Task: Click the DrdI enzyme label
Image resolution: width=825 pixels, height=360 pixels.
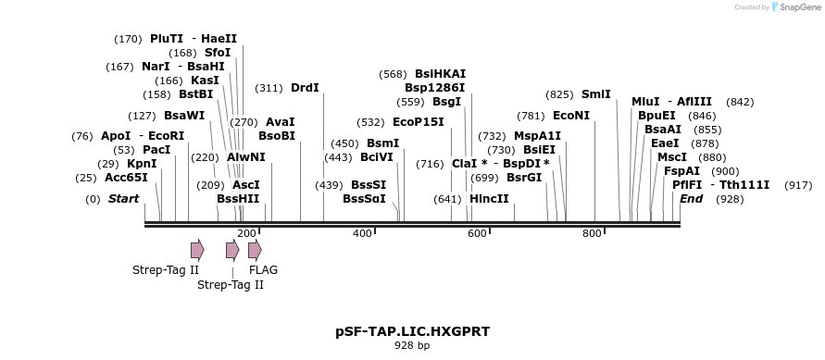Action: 305,88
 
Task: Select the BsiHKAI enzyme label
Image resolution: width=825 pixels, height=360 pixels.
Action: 440,74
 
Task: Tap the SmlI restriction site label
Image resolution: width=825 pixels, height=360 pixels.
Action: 595,94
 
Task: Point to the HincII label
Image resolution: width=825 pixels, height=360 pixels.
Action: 489,199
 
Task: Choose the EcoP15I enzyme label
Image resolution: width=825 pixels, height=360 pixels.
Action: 419,122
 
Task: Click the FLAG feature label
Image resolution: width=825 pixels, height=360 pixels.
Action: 263,270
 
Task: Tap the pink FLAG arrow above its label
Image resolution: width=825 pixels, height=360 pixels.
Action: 255,250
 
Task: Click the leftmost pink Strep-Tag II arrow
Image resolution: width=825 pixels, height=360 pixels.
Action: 197,250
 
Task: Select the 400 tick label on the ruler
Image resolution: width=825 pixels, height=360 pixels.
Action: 362,233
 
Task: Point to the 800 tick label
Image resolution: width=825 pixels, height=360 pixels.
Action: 592,233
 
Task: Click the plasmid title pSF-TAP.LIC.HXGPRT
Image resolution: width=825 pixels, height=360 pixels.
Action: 412,331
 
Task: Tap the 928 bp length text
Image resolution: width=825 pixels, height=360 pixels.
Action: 412,346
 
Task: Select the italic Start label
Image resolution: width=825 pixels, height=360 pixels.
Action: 123,199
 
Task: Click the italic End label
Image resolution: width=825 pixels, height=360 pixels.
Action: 691,199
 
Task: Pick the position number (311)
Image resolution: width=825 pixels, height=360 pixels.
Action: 269,88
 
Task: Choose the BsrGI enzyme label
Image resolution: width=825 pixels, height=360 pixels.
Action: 524,178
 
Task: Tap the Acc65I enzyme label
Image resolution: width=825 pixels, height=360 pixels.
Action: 126,178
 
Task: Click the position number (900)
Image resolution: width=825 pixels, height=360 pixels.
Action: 725,171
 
